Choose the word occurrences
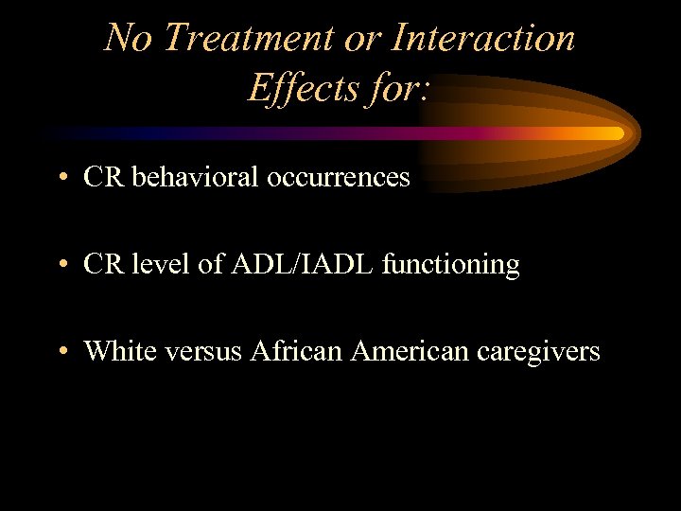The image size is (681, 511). [x=339, y=177]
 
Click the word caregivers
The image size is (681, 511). [x=538, y=352]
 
